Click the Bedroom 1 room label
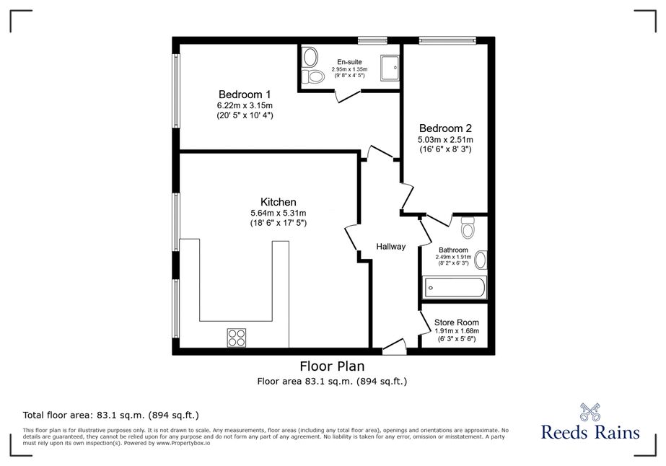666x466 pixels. click(245, 94)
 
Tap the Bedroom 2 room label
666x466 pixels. click(445, 128)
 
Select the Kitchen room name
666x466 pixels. click(279, 202)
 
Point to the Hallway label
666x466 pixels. click(391, 247)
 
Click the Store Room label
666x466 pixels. click(457, 322)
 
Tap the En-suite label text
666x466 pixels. click(349, 62)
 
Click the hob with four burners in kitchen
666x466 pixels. click(236, 338)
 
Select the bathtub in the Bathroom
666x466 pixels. click(454, 288)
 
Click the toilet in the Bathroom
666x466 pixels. click(468, 228)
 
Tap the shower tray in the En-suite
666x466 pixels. click(390, 67)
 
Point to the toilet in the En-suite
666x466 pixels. click(312, 77)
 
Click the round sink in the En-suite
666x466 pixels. click(310, 57)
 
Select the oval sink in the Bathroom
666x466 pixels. click(481, 260)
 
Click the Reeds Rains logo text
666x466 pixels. click(590, 432)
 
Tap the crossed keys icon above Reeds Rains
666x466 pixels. click(590, 412)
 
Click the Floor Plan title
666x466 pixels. click(332, 366)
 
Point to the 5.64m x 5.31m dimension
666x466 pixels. click(279, 214)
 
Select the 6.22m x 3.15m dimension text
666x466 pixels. click(245, 105)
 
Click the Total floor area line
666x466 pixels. click(111, 415)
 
